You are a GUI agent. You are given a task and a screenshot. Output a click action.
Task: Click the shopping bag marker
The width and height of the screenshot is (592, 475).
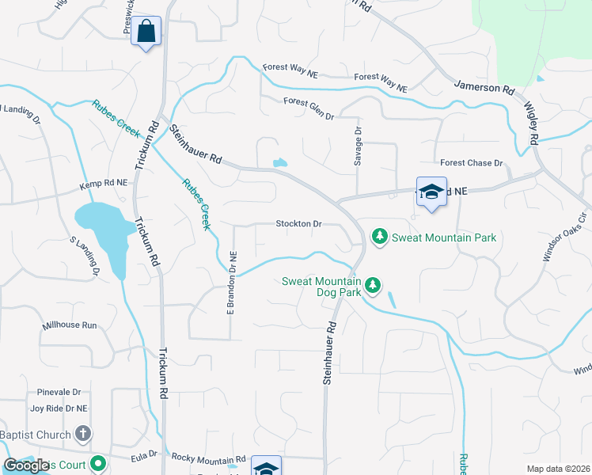[x=146, y=32]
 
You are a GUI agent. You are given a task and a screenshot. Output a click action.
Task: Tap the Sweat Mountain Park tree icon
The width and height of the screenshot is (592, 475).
[x=381, y=237]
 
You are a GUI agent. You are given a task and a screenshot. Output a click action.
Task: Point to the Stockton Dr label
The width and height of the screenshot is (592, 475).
[x=298, y=224]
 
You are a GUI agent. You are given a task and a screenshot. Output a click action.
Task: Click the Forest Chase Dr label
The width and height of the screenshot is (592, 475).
[x=472, y=163]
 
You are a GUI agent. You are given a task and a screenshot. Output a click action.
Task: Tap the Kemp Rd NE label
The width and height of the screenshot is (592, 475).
[x=103, y=184]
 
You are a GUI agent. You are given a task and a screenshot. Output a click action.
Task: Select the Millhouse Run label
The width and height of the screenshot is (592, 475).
[x=70, y=325]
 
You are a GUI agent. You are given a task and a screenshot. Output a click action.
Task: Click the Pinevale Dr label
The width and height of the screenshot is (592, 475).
[x=59, y=392]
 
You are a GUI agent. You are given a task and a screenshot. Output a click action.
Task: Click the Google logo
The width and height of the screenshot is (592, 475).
[x=27, y=465]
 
